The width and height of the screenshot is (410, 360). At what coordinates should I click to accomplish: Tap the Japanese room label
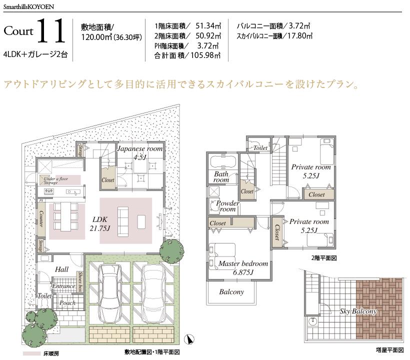tap(139, 153)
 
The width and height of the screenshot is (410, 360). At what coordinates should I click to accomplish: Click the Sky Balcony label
tap(358, 311)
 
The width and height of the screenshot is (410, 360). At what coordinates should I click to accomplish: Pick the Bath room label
tap(221, 177)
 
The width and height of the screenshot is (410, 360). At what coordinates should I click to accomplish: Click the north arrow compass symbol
tap(189, 339)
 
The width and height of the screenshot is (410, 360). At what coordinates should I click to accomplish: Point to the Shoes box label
tap(80, 281)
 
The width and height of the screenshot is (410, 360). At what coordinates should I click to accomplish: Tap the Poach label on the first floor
tap(67, 303)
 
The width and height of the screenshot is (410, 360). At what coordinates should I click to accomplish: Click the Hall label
tap(62, 269)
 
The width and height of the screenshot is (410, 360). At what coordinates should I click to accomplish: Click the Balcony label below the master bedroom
tap(231, 291)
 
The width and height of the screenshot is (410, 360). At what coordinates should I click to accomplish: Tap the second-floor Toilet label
tap(260, 148)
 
